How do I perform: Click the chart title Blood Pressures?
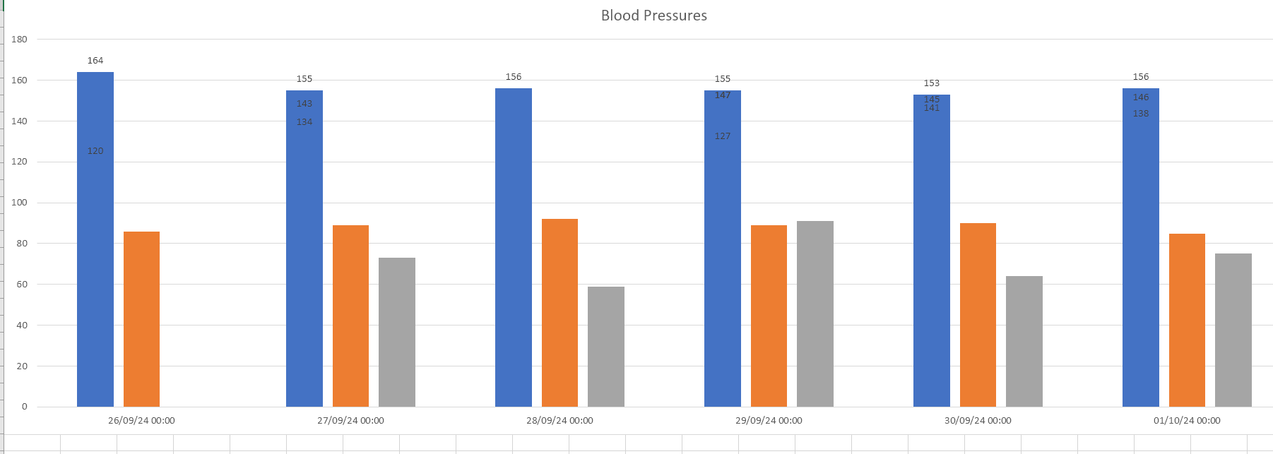[653, 16]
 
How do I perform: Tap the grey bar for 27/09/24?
[397, 332]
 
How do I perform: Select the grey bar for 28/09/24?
[606, 347]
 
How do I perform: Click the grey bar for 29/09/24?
[815, 313]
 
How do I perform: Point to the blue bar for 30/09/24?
[932, 254]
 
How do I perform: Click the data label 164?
[95, 61]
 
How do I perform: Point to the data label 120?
[95, 151]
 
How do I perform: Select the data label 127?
[723, 136]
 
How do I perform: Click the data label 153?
[932, 83]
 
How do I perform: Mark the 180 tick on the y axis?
[19, 40]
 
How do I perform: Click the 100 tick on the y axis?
[19, 203]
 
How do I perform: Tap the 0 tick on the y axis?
[25, 407]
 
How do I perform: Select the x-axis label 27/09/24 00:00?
[350, 421]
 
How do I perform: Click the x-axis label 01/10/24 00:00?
[1187, 421]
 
